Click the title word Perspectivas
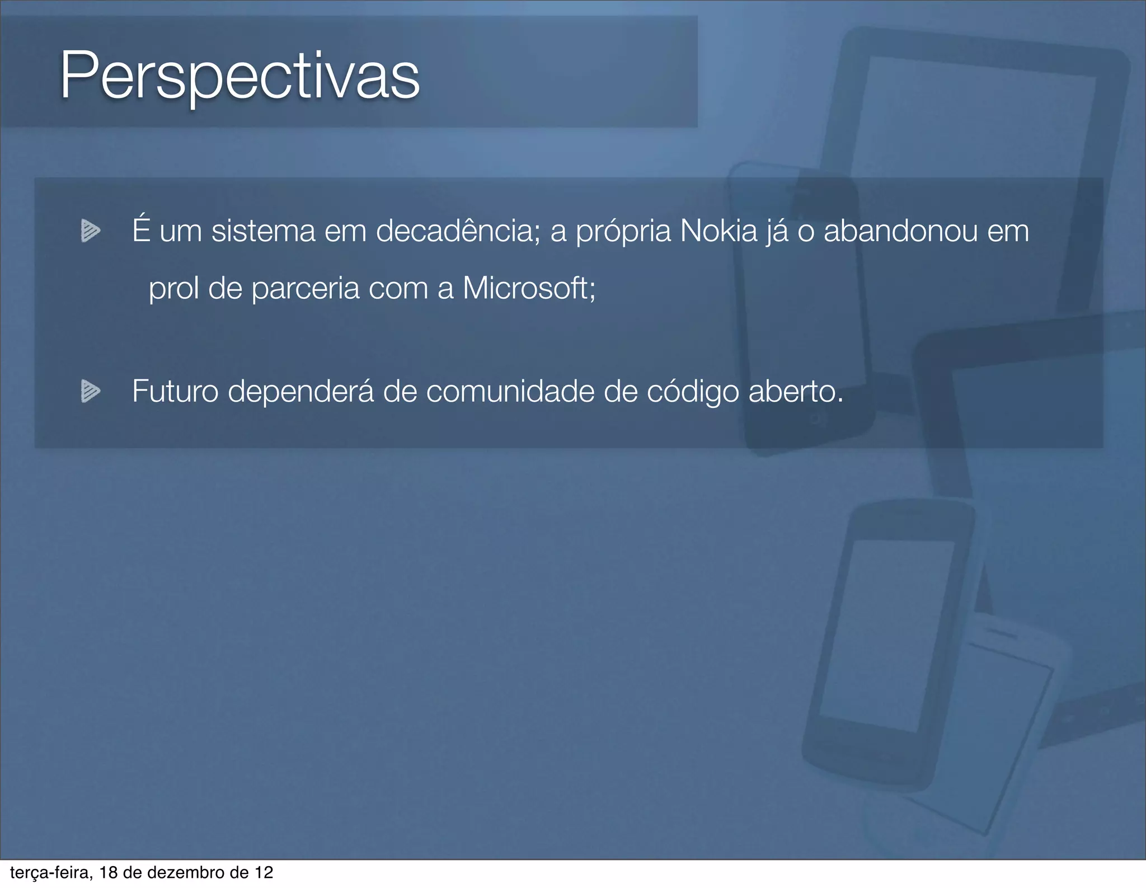(239, 77)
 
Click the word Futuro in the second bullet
(175, 391)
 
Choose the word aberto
(795, 391)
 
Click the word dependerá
(300, 392)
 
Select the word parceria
(305, 289)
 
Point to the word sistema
(263, 231)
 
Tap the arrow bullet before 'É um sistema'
(90, 231)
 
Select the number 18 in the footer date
(109, 872)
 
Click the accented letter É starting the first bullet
(141, 230)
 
